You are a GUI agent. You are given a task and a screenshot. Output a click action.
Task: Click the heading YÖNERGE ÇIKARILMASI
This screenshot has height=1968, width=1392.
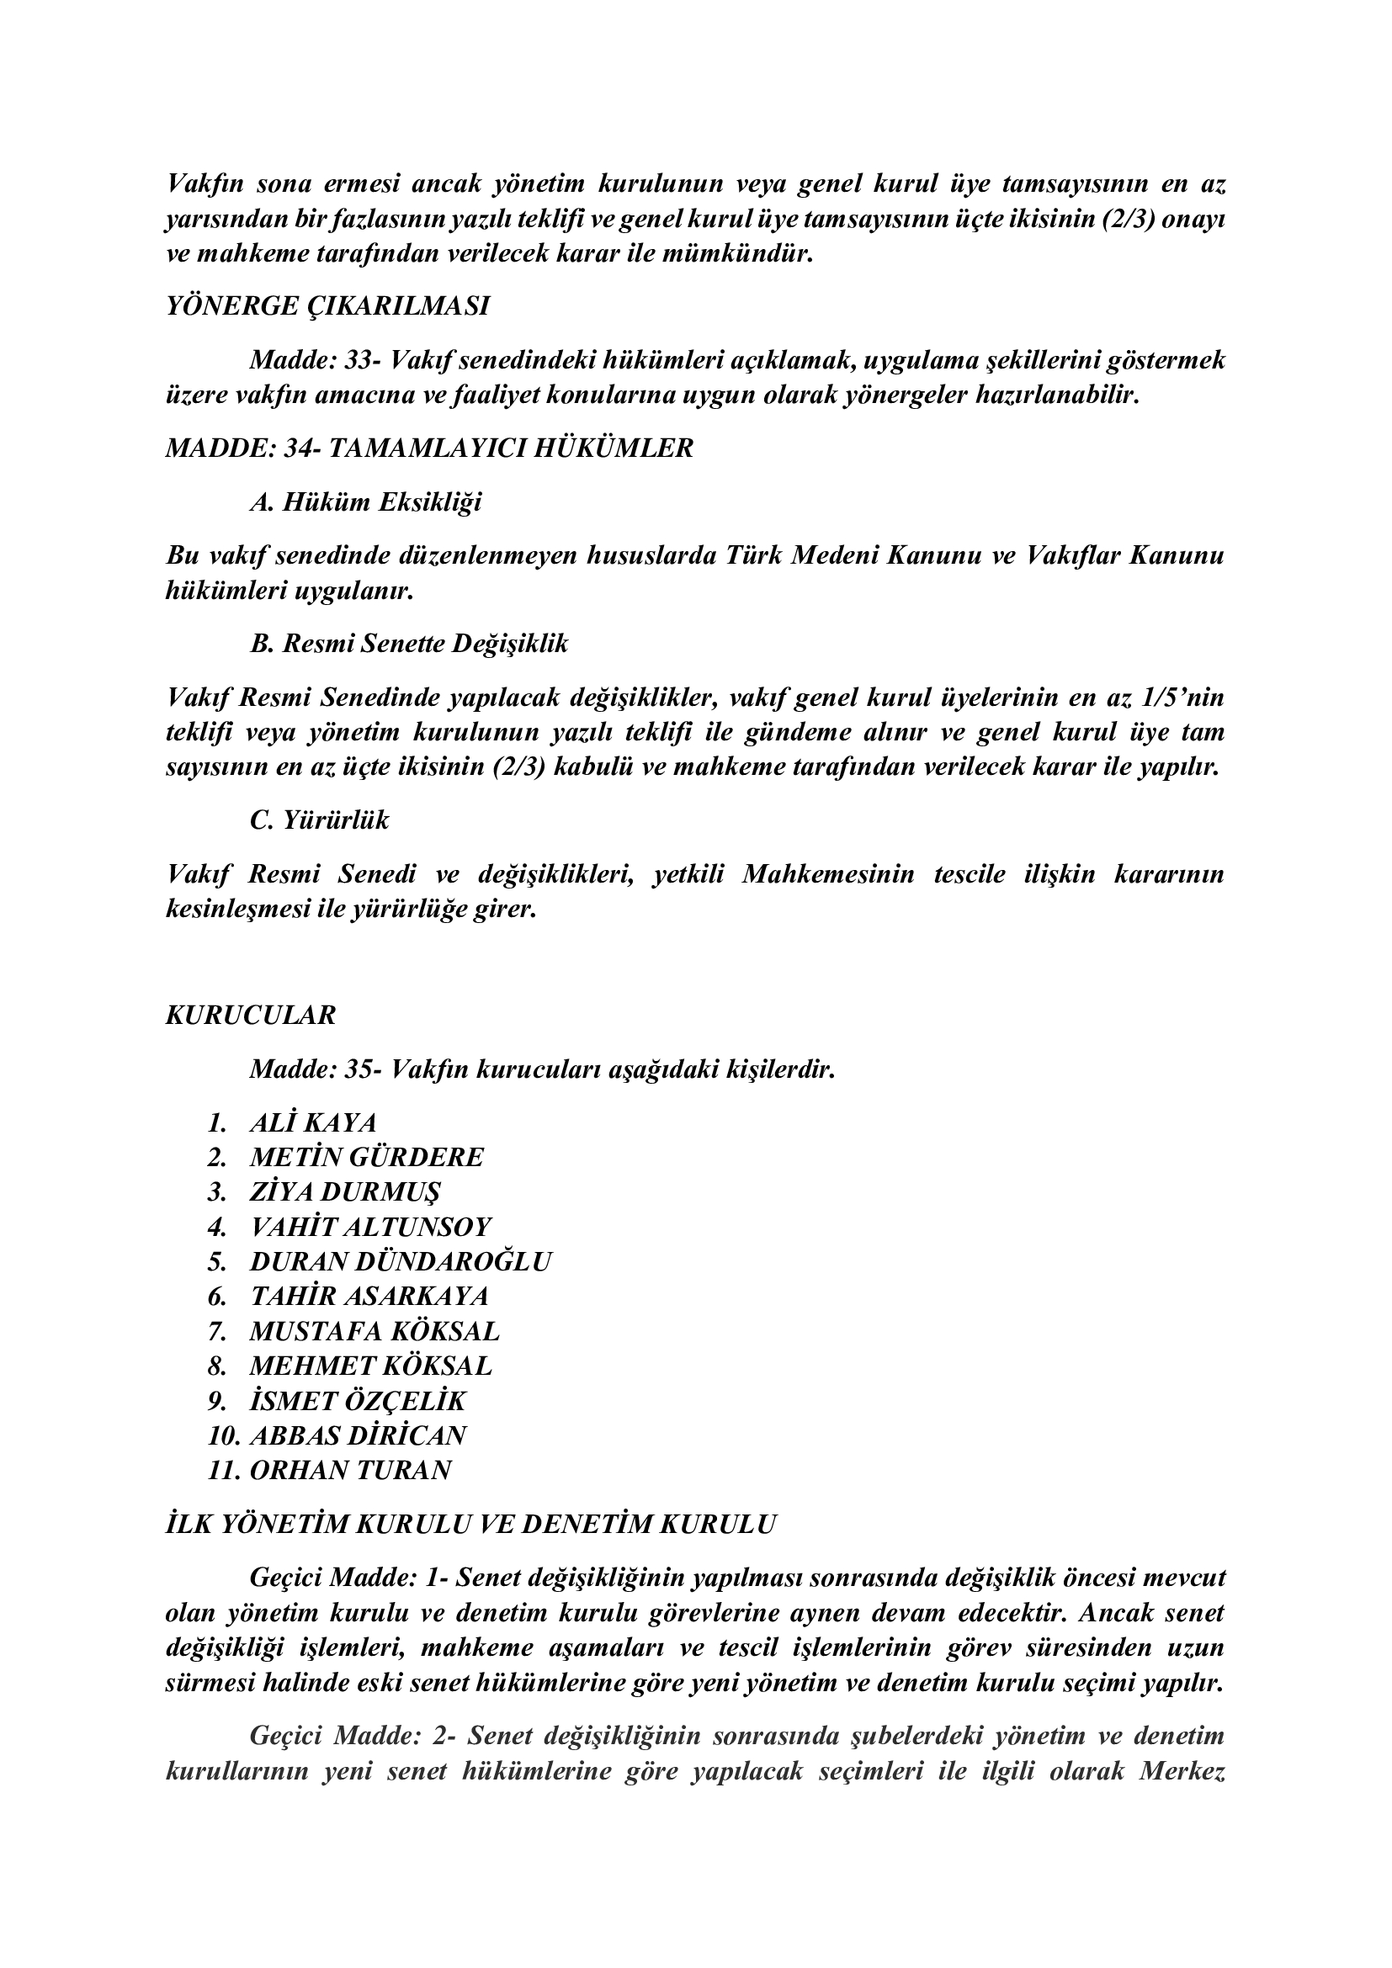327,306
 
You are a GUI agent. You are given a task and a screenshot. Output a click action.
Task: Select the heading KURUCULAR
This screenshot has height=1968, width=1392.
250,1015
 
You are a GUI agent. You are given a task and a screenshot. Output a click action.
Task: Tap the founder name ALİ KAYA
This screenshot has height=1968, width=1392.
313,1122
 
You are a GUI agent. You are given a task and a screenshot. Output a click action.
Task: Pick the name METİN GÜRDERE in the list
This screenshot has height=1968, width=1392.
366,1157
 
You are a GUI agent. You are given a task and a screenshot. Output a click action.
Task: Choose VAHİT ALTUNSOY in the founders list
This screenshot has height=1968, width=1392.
370,1227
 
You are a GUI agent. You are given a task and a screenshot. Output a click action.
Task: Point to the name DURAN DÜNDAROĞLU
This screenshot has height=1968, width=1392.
401,1261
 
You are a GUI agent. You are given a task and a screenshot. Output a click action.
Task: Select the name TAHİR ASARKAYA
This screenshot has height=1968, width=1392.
369,1295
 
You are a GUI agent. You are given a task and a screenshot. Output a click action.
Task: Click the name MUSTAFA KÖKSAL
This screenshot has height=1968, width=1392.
374,1331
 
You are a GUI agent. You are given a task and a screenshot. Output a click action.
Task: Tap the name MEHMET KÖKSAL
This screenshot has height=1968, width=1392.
370,1366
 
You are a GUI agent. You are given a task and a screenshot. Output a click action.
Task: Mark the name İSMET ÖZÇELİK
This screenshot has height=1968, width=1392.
358,1401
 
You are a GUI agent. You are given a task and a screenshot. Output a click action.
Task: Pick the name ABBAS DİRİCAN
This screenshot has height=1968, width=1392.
358,1435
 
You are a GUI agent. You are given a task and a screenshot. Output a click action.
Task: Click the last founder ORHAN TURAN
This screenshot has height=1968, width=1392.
350,1470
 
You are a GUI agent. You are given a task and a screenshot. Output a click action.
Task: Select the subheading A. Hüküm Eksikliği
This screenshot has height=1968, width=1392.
365,501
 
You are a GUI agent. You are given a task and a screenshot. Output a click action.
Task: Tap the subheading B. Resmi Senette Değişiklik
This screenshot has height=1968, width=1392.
408,644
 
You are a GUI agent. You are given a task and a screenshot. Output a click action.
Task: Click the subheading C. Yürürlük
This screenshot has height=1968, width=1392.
319,820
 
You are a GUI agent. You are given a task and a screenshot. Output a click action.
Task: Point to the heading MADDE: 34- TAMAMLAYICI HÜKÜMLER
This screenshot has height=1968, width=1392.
428,448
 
